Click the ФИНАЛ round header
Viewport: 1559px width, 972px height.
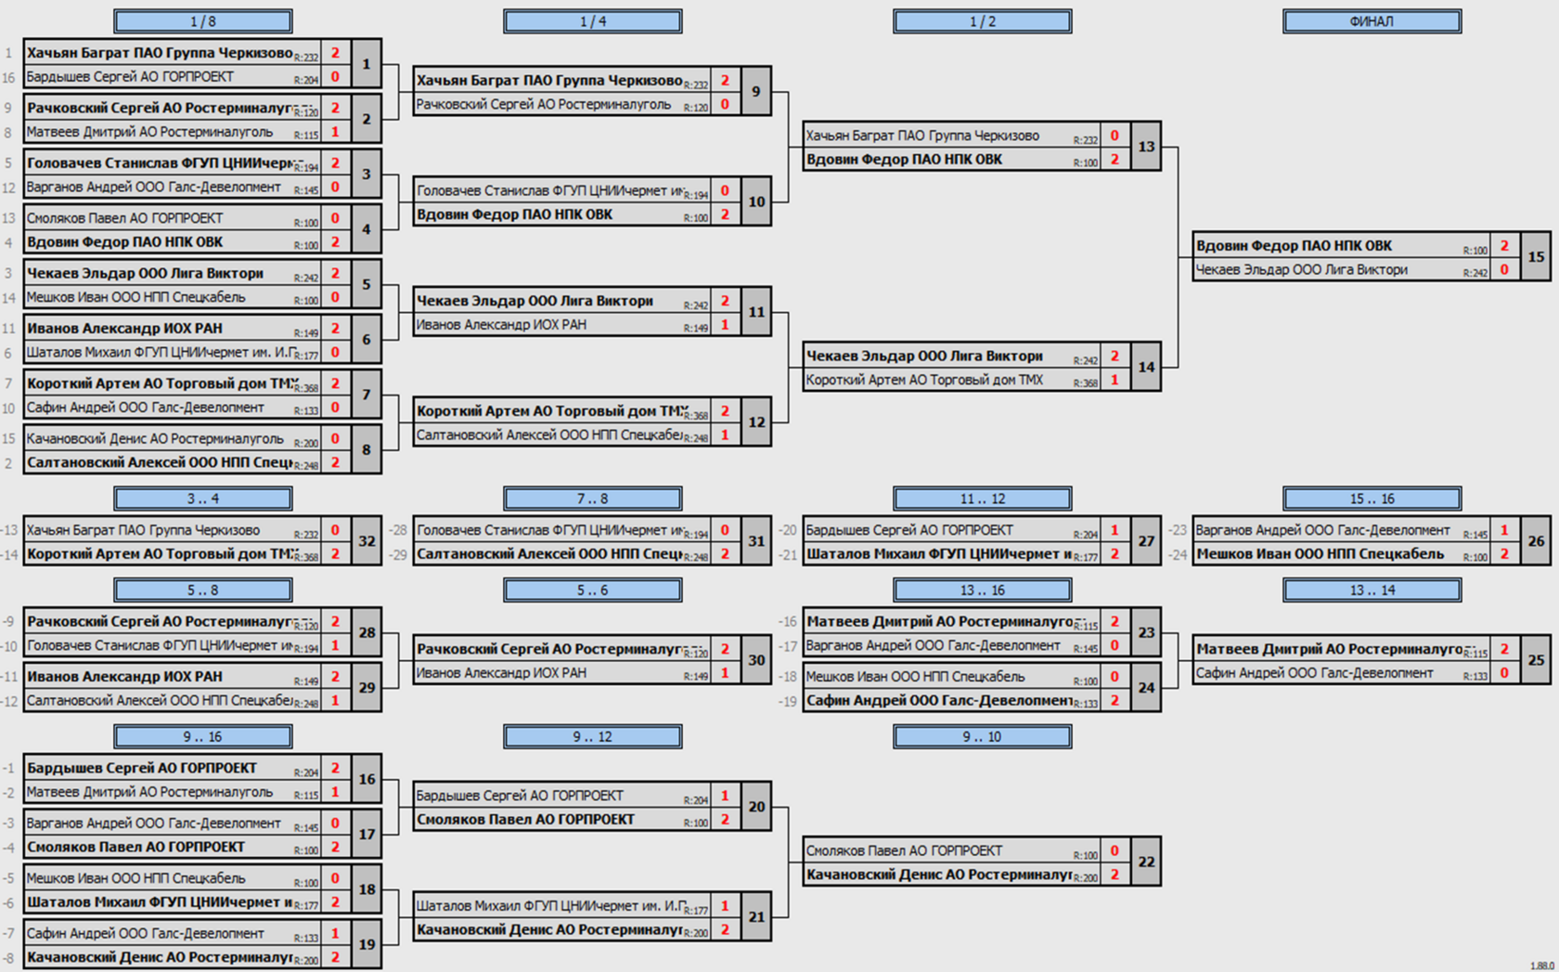pos(1372,21)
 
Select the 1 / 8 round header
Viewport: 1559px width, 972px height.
pos(202,21)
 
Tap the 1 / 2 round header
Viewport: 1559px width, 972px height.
pos(982,21)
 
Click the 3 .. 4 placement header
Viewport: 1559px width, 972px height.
pos(202,499)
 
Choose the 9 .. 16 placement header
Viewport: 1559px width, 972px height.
pos(202,737)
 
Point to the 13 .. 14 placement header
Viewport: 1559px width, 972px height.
pos(1372,590)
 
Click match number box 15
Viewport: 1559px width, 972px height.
pos(1536,257)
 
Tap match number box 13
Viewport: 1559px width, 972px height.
pos(1146,147)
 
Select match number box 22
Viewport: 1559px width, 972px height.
pos(1146,862)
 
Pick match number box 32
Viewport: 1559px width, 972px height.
pos(367,542)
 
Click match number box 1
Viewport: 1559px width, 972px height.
pos(366,64)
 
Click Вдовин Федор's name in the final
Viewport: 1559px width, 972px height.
pos(1294,246)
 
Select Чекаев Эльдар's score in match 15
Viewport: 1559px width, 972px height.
pos(1504,270)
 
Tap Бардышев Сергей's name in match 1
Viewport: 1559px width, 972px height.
pos(130,77)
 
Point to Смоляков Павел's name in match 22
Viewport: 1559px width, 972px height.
pos(904,850)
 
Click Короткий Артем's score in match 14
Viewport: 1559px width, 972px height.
pos(1114,380)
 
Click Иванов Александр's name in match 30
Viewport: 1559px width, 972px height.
pos(501,673)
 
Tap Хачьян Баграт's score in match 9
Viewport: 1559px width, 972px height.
pos(725,81)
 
